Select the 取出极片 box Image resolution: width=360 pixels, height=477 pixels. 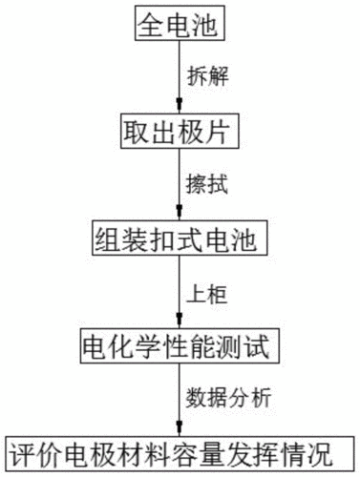(179, 128)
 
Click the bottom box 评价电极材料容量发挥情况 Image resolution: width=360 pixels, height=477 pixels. (179, 451)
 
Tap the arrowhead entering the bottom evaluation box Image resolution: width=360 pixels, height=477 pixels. (180, 430)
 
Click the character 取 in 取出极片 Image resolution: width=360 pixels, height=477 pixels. (135, 128)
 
